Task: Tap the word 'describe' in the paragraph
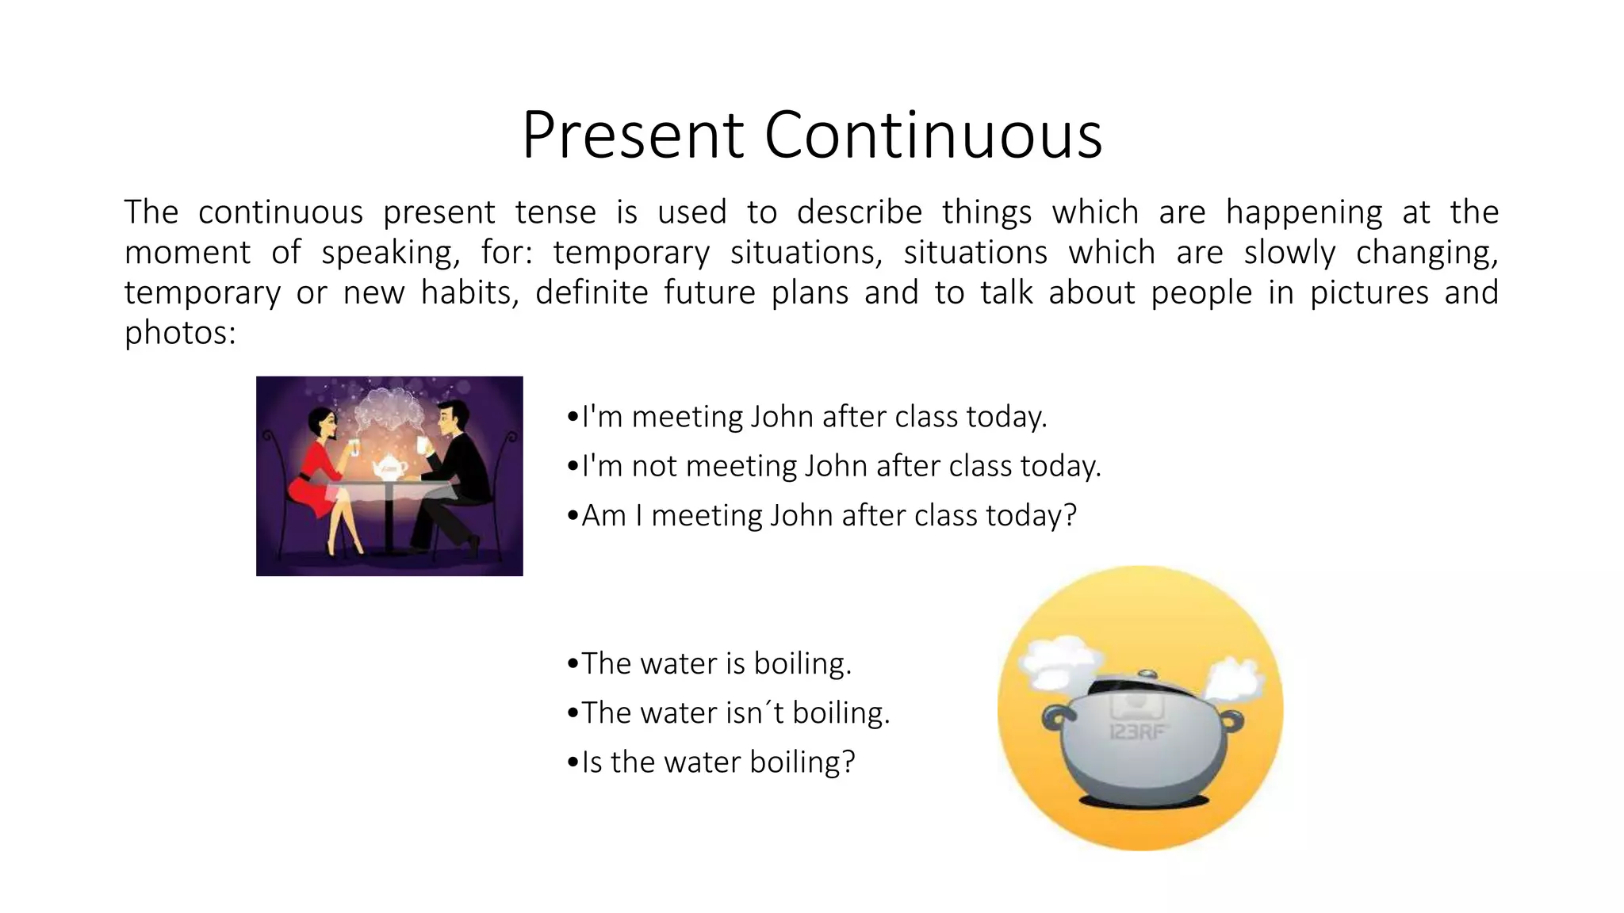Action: (859, 212)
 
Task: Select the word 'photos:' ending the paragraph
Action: (180, 333)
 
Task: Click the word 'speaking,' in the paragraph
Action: (390, 253)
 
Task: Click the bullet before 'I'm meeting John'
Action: (573, 418)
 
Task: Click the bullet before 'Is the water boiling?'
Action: (573, 764)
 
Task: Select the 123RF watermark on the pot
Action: (1137, 731)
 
